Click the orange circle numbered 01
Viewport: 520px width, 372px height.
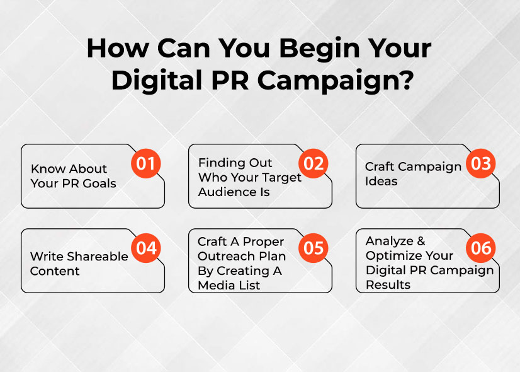(x=146, y=164)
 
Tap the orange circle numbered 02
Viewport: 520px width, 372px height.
(x=314, y=164)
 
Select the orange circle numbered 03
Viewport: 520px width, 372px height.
(x=481, y=164)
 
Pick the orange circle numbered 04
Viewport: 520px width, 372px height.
(x=146, y=248)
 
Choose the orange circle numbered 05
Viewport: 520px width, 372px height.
(x=314, y=248)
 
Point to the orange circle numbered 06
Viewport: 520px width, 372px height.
(x=481, y=248)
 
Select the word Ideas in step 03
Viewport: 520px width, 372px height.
(x=382, y=182)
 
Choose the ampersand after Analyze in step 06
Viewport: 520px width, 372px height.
(x=421, y=241)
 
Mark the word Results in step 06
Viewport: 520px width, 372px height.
(x=388, y=284)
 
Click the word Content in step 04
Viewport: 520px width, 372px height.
(x=55, y=271)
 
